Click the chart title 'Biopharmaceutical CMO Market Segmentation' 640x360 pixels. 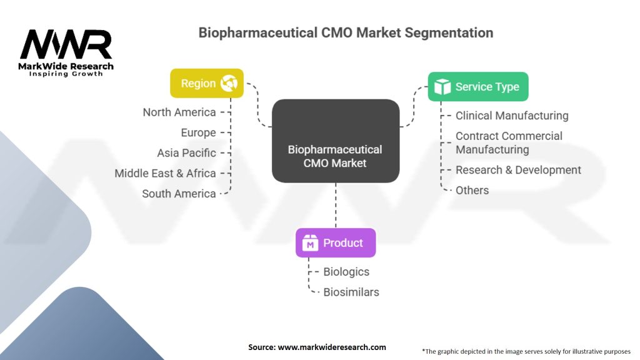[x=346, y=32]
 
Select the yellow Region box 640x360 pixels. [x=207, y=83]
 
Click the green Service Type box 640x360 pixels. [x=478, y=87]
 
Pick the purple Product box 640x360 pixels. [x=336, y=243]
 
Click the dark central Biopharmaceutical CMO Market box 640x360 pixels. [x=336, y=141]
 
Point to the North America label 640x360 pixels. [x=179, y=112]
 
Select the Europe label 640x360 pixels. [x=198, y=132]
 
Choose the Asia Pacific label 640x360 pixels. [x=186, y=153]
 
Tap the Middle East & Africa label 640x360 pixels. [x=165, y=173]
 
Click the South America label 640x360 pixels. [x=179, y=194]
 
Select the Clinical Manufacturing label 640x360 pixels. [x=512, y=116]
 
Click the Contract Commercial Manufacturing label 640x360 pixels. [x=509, y=142]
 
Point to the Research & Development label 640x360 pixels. [x=518, y=170]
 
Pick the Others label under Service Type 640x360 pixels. [x=472, y=190]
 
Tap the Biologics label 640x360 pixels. [x=346, y=272]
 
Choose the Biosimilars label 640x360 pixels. [x=351, y=292]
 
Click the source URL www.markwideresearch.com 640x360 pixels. [x=331, y=347]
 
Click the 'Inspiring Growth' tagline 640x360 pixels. [x=66, y=74]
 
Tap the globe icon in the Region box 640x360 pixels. [x=229, y=83]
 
